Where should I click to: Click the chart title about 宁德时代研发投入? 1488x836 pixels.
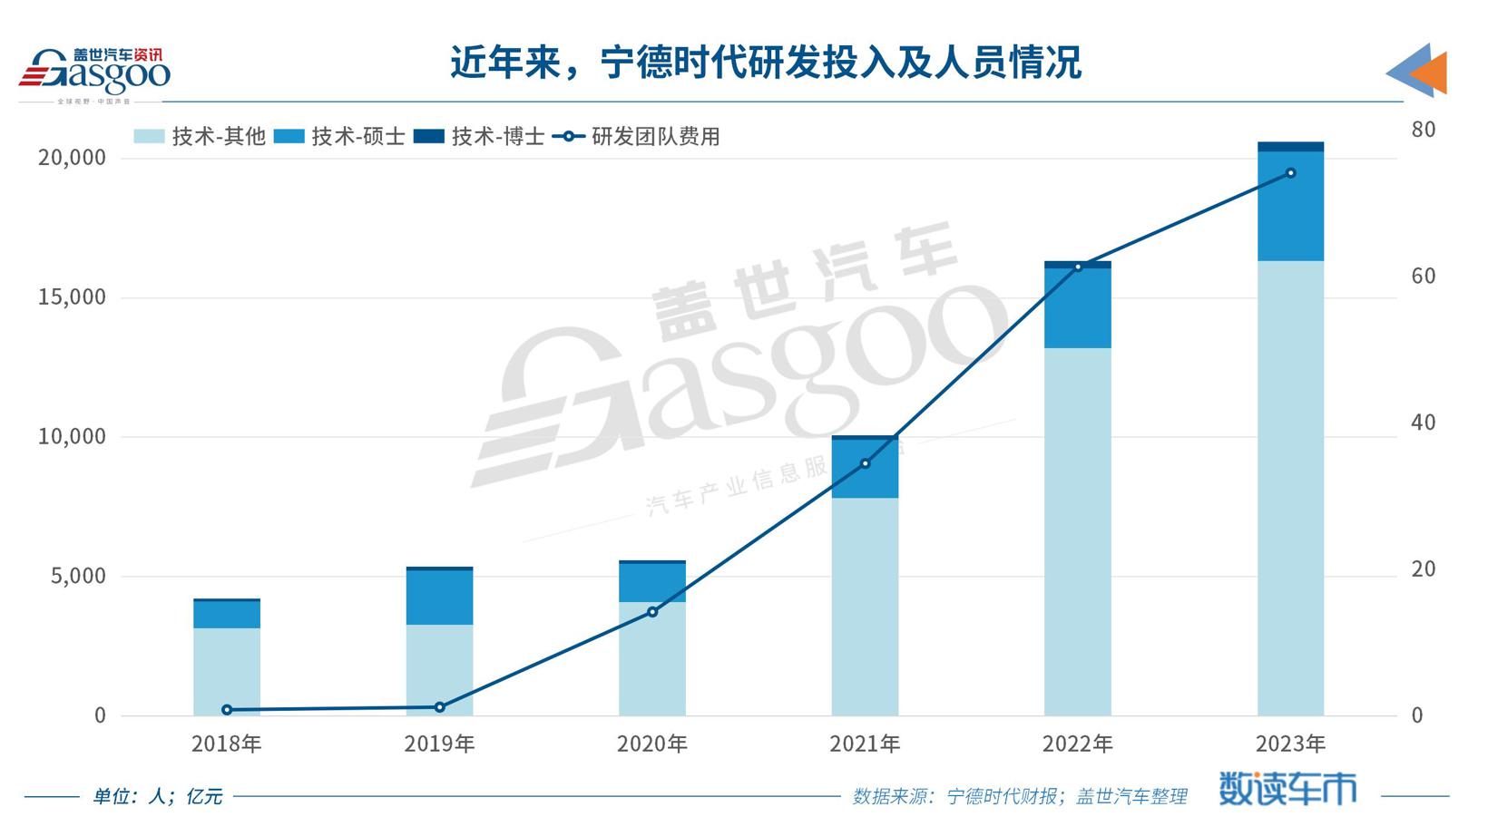765,63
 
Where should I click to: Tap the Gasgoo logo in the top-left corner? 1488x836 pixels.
94,73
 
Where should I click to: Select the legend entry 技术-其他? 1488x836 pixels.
200,137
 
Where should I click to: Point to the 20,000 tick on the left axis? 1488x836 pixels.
72,158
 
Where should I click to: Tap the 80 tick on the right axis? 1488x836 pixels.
1423,130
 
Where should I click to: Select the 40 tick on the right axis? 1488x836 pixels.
1423,423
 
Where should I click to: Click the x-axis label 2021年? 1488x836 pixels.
865,744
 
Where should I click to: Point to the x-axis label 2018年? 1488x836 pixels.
226,744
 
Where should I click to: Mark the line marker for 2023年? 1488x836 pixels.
1290,173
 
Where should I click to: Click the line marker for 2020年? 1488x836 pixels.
652,612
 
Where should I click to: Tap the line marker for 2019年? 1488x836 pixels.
439,707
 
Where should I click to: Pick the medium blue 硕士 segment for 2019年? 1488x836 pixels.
439,598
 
